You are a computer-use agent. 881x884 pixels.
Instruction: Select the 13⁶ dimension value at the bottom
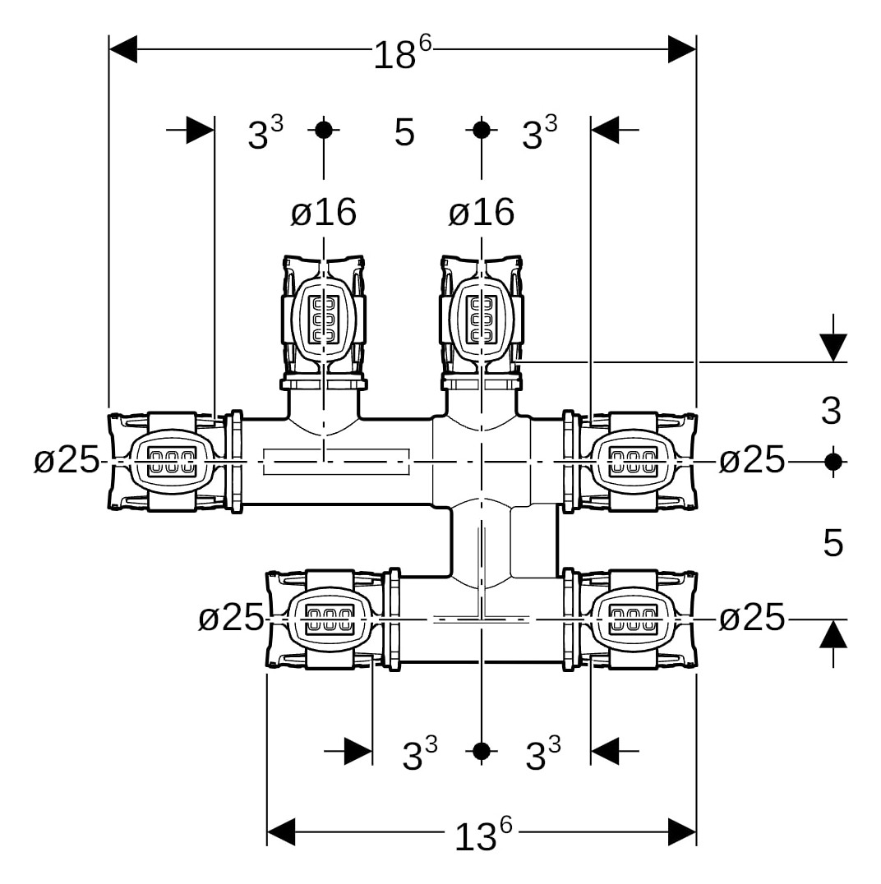482,836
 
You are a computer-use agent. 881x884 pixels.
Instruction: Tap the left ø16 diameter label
324,213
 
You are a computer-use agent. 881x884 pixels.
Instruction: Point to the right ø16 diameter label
482,213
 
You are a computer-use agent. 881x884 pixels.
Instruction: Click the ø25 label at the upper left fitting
67,461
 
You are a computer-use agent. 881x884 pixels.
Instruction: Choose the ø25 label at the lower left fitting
231,618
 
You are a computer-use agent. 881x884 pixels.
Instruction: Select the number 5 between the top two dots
404,132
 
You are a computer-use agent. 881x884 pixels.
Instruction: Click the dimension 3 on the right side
832,411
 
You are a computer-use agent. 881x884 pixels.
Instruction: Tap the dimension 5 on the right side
833,543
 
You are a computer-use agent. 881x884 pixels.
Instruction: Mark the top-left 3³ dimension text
265,133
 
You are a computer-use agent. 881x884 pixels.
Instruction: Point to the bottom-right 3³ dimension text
542,755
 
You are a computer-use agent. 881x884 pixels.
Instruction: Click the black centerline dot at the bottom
482,751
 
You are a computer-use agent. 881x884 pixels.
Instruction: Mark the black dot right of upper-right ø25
833,462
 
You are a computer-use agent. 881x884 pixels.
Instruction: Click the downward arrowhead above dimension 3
833,348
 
